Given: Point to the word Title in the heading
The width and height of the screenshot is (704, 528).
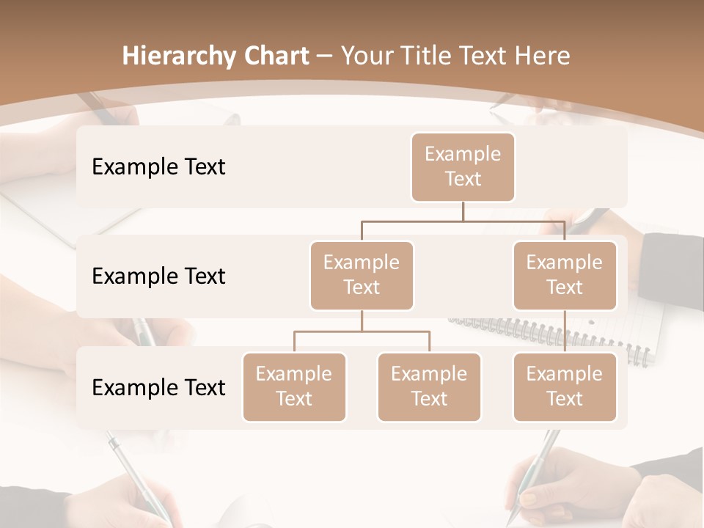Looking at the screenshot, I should tap(438, 56).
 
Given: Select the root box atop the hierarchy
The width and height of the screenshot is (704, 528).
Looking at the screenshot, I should tap(463, 166).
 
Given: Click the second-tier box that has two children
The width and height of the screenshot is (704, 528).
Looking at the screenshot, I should tap(362, 275).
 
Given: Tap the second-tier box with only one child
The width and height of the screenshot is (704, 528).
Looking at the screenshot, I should tap(565, 275).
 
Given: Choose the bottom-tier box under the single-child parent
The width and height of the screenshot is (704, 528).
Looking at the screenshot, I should tap(565, 386).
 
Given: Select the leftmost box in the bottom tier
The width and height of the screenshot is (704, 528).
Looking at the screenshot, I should tap(294, 386).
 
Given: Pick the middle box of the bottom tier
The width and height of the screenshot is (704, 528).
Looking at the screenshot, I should tap(429, 386).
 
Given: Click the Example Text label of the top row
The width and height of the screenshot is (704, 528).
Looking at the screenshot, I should tap(158, 166).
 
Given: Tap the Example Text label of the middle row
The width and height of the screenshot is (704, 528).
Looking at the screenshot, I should tap(158, 276).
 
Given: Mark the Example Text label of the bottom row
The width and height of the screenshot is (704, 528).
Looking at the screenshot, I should tap(158, 387).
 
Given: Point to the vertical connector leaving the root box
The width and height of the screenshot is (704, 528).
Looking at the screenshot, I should tap(463, 211).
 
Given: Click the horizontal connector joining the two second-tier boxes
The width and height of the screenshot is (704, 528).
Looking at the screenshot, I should tap(463, 221).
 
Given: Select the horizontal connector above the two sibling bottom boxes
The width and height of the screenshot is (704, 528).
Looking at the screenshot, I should tap(362, 331).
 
